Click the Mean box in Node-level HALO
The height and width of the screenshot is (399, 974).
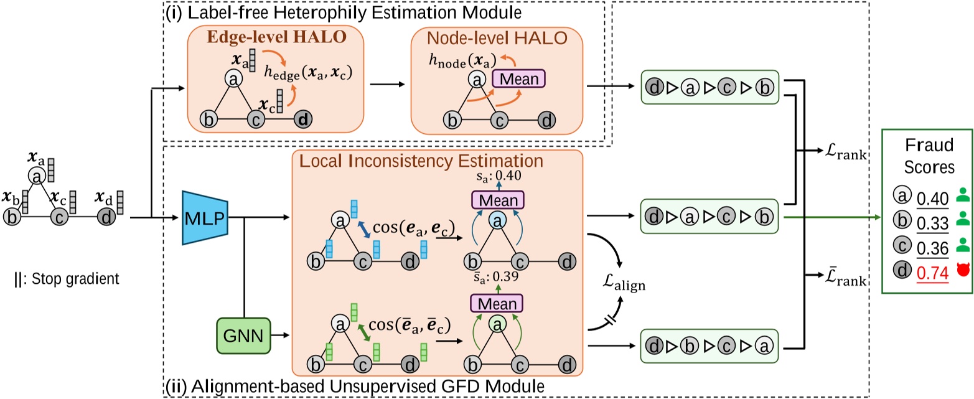coord(518,79)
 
